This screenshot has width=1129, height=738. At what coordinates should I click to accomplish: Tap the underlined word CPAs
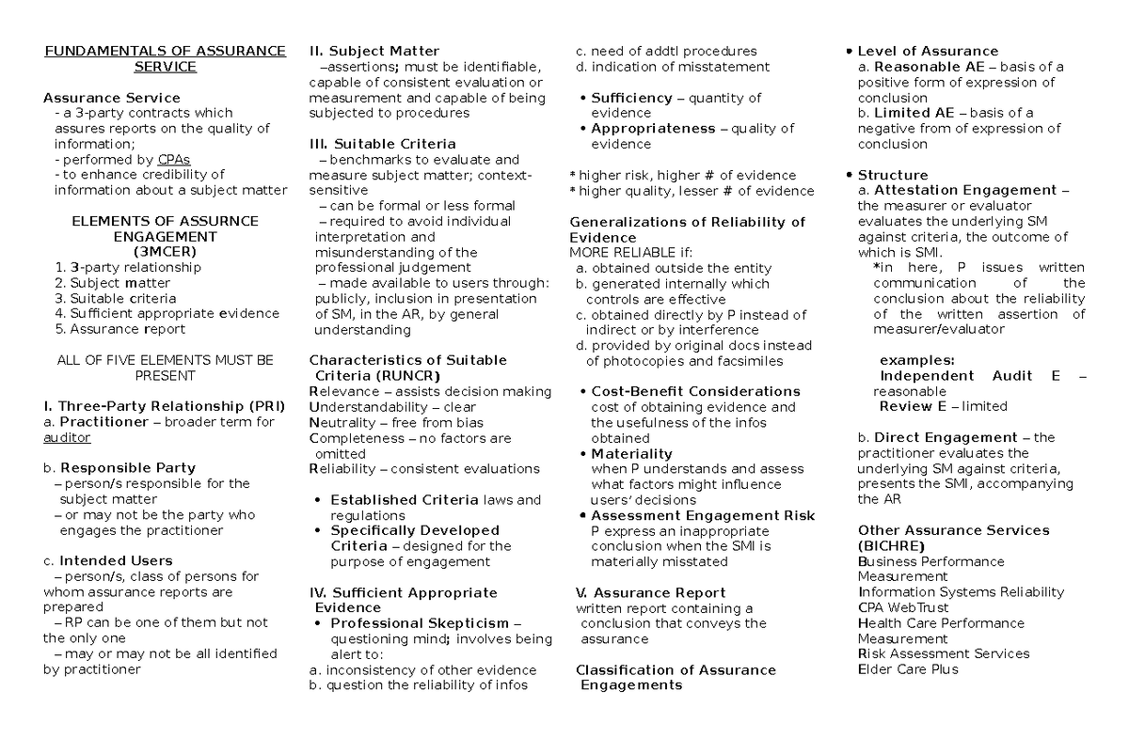174,159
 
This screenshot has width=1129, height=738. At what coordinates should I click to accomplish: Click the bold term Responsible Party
128,468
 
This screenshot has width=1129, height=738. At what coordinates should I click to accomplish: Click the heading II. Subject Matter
374,51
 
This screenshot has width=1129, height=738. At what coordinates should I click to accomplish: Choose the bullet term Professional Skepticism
417,623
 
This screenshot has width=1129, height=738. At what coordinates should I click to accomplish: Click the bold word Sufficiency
631,98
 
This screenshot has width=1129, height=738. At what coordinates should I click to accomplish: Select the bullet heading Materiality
631,453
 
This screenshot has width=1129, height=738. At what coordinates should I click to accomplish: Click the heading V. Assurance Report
650,592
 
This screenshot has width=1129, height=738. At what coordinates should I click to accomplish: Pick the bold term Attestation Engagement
965,190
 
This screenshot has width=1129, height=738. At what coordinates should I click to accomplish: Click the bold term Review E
913,406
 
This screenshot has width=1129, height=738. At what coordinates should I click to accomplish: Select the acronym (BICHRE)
890,545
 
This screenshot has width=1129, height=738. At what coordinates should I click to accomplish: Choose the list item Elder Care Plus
908,669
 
